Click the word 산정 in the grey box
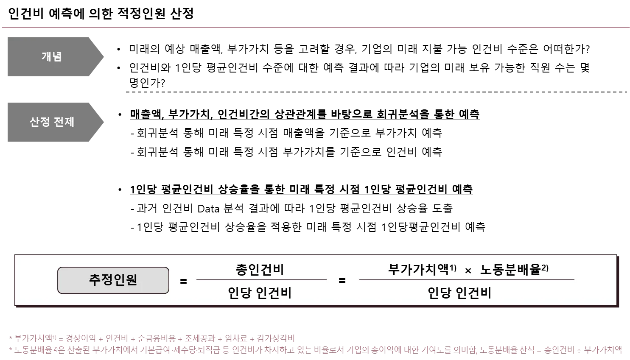[x=40, y=122]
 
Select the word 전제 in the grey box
[x=64, y=122]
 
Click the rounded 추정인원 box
[x=113, y=280]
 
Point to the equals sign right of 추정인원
[x=183, y=281]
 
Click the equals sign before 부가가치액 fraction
[x=342, y=281]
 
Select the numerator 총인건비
[x=260, y=270]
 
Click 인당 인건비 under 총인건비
[x=260, y=293]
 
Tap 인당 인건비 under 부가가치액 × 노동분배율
[x=459, y=293]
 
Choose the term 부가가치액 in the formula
[x=418, y=270]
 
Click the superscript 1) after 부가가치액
[x=453, y=268]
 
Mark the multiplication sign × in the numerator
[x=468, y=271]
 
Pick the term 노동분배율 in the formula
[x=510, y=270]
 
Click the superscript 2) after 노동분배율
[x=545, y=268]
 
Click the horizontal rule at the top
[x=315, y=28]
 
